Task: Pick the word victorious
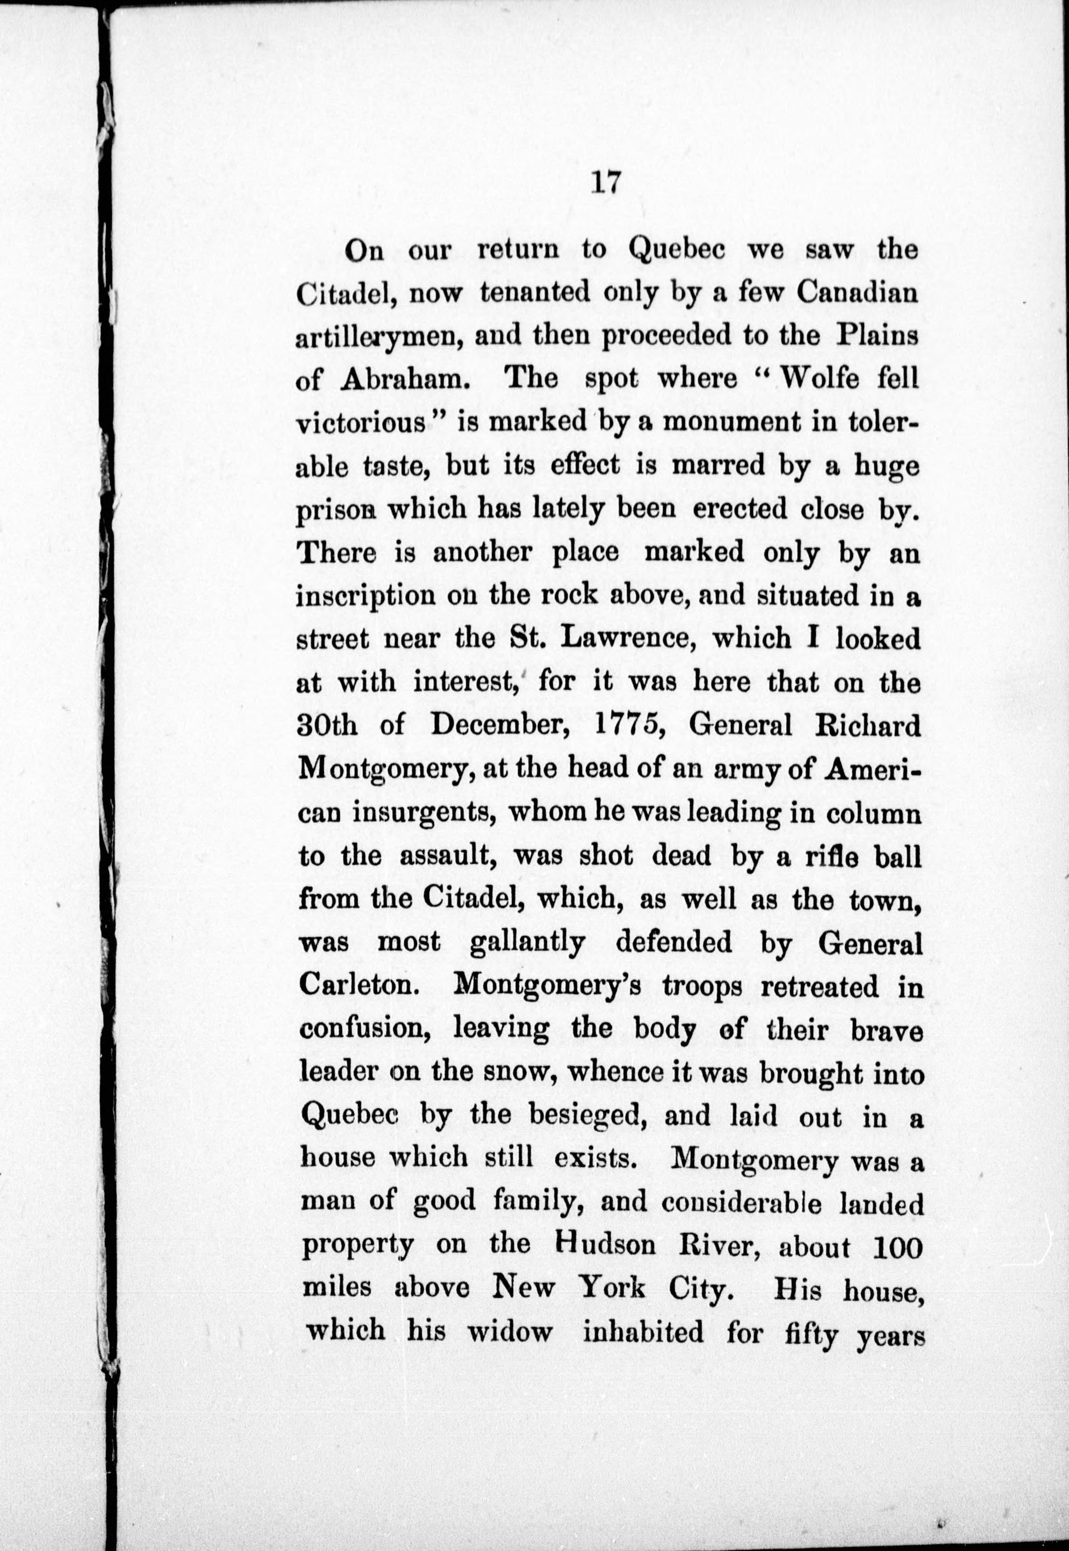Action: click(362, 423)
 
